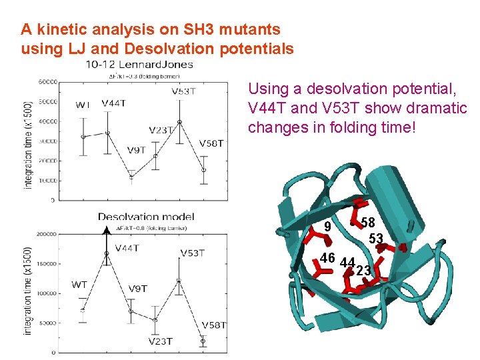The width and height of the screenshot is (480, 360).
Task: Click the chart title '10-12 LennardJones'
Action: click(139, 65)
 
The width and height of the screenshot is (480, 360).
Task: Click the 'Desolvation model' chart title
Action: click(146, 217)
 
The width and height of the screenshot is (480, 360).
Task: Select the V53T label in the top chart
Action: click(184, 92)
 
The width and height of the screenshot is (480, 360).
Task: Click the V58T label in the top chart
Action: click(211, 143)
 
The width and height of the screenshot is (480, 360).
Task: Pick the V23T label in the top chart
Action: click(162, 129)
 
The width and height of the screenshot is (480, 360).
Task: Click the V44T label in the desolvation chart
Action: click(127, 248)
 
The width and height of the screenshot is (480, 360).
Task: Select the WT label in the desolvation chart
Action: click(79, 285)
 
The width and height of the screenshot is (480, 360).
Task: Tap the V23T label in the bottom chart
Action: click(160, 341)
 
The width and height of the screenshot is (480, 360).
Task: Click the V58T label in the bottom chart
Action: click(213, 325)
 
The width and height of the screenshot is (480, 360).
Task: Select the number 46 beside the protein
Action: click(327, 258)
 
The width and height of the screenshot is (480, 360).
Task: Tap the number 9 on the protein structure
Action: click(327, 228)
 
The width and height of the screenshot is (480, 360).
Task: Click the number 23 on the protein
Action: click(363, 270)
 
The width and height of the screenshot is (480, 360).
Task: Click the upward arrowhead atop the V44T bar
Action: click(105, 230)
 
